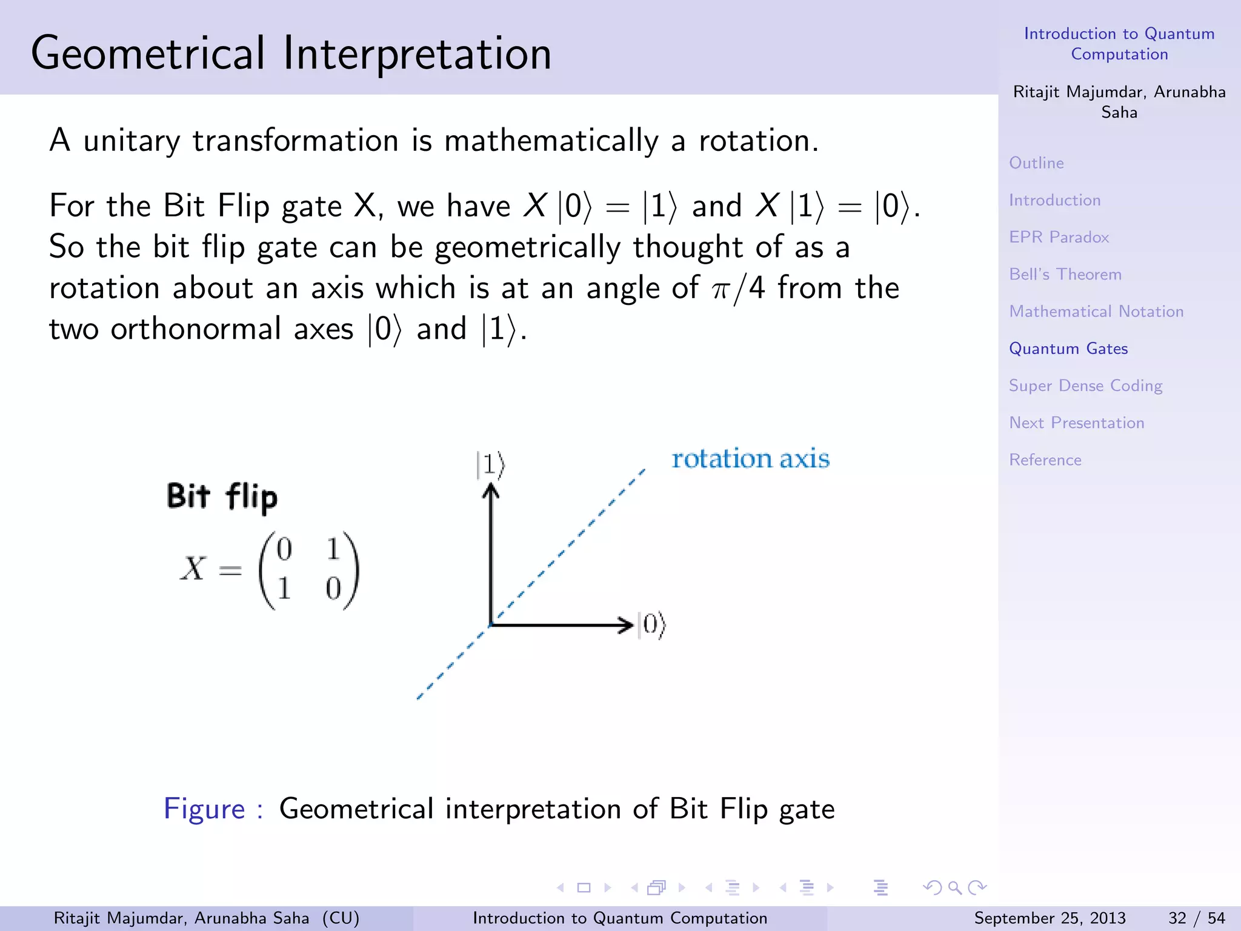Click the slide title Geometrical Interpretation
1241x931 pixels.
pos(291,53)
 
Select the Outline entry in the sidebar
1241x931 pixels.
pos(1036,163)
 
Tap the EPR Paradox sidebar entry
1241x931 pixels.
pos(1059,237)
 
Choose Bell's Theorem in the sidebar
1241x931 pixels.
pos(1065,275)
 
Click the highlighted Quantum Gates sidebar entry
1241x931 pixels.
pos(1068,349)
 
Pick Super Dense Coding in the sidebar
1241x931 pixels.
pos(1085,386)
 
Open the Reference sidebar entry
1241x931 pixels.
pos(1045,460)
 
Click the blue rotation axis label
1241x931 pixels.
pos(750,459)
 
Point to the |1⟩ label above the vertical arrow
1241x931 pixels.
pos(490,465)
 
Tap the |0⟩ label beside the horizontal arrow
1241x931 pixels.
pos(652,624)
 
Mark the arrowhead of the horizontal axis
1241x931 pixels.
pos(627,625)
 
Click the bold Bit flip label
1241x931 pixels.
pos(222,496)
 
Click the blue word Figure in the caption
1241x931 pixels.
pos(204,809)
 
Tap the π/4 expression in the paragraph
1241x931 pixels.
pos(738,289)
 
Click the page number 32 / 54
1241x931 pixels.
pos(1196,918)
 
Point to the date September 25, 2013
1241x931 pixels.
pos(1050,918)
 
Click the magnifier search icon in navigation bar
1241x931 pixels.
pos(955,888)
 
